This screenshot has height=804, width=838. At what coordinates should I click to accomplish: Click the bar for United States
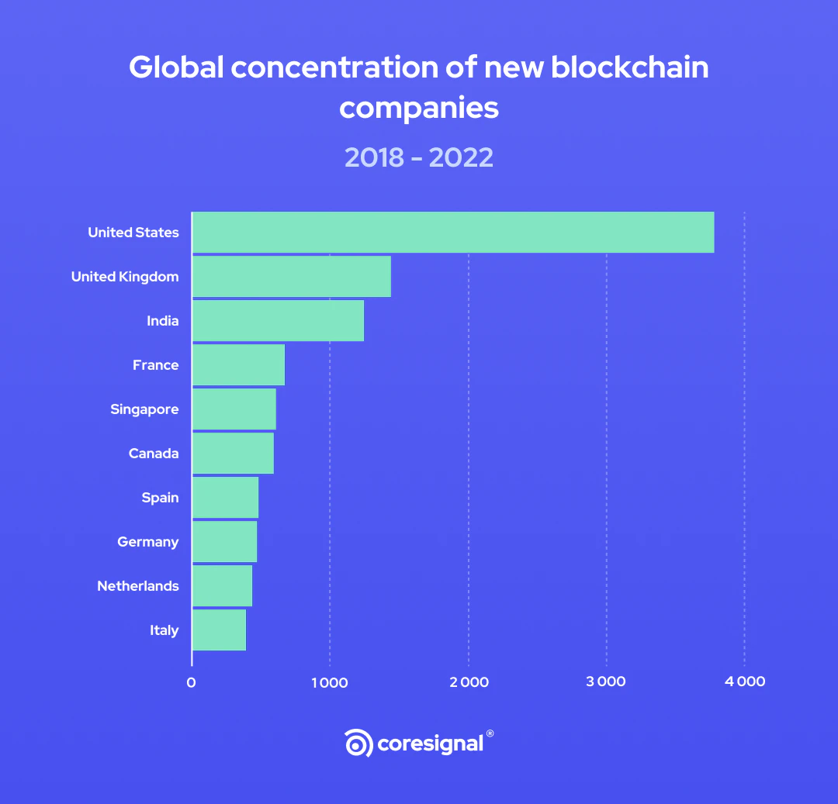pyautogui.click(x=453, y=233)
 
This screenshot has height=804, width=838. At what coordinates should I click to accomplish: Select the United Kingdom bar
pyautogui.click(x=292, y=277)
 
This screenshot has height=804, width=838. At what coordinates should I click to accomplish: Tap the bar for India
pyautogui.click(x=278, y=321)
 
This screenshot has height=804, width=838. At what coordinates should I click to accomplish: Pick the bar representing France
pyautogui.click(x=238, y=365)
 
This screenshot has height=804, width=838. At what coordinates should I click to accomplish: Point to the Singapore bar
pyautogui.click(x=234, y=409)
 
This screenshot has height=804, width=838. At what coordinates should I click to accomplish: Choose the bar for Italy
pyautogui.click(x=219, y=630)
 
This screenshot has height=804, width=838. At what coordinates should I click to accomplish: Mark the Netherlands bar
pyautogui.click(x=222, y=586)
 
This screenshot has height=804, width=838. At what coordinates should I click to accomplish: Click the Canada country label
pyautogui.click(x=154, y=454)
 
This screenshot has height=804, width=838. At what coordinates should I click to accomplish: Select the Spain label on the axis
pyautogui.click(x=160, y=498)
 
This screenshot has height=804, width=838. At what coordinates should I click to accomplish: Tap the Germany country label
pyautogui.click(x=148, y=542)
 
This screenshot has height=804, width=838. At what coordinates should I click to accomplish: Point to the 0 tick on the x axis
pyautogui.click(x=191, y=682)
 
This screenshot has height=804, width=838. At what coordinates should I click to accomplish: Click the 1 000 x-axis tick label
pyautogui.click(x=329, y=682)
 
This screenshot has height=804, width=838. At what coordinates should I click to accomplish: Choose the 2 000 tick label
pyautogui.click(x=468, y=682)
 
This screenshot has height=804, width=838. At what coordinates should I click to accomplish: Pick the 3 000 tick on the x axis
pyautogui.click(x=606, y=682)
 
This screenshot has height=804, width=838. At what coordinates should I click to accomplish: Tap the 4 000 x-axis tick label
pyautogui.click(x=745, y=682)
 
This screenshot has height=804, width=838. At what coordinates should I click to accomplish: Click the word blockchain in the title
pyautogui.click(x=630, y=68)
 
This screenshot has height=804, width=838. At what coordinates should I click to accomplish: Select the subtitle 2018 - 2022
pyautogui.click(x=419, y=157)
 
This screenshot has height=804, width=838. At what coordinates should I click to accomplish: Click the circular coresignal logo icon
pyautogui.click(x=358, y=744)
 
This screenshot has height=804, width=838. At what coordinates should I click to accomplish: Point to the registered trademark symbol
pyautogui.click(x=490, y=733)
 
